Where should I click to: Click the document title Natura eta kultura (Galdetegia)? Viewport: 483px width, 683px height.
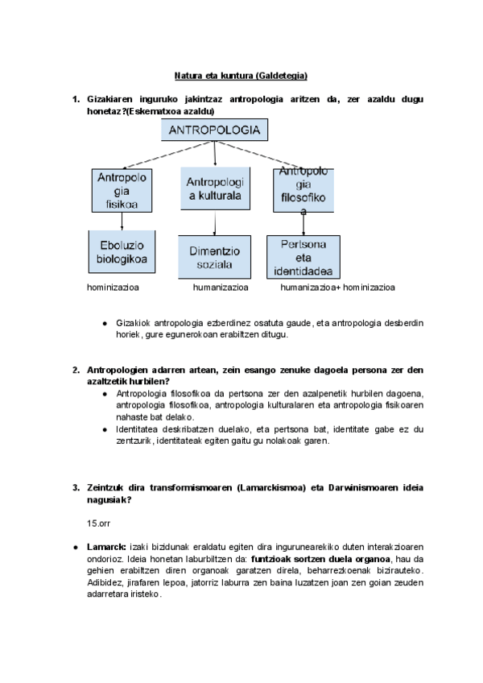pos(242,76)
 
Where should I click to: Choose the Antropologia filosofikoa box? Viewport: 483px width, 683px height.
pos(303,192)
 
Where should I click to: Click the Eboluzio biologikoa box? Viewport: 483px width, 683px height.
pos(122,252)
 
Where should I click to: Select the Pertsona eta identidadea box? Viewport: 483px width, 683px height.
pos(303,257)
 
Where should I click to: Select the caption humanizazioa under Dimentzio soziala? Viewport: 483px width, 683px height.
pos(220,287)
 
